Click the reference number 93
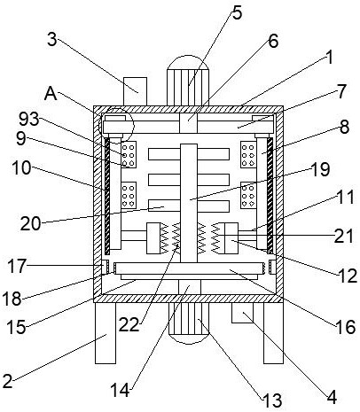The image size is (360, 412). pyautogui.click(x=29, y=120)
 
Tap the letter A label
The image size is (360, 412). pyautogui.click(x=51, y=94)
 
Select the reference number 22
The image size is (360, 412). pyautogui.click(x=129, y=325)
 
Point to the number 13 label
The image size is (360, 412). pyautogui.click(x=272, y=400)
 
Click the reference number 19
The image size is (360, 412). pyautogui.click(x=320, y=169)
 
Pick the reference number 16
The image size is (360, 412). pyautogui.click(x=345, y=327)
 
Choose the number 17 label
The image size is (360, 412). pyautogui.click(x=17, y=266)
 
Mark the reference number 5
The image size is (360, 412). pyautogui.click(x=237, y=13)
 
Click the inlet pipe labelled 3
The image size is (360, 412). pyautogui.click(x=135, y=91)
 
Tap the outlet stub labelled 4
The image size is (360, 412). pyautogui.click(x=242, y=313)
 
